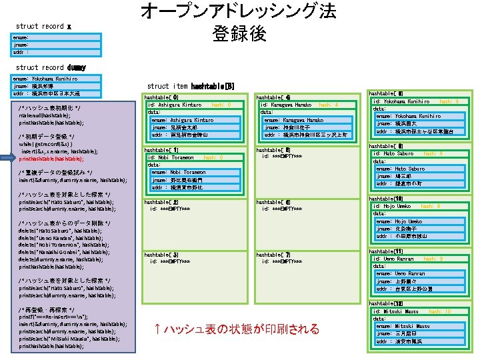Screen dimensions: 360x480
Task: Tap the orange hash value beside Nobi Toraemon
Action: [x=213, y=157]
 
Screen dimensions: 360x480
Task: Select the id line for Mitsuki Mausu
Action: [x=396, y=311]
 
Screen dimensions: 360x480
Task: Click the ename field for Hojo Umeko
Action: [x=399, y=221]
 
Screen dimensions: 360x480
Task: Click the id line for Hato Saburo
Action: [x=394, y=153]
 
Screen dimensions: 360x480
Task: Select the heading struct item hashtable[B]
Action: [x=190, y=86]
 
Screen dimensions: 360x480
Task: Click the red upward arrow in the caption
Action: [x=156, y=329]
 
